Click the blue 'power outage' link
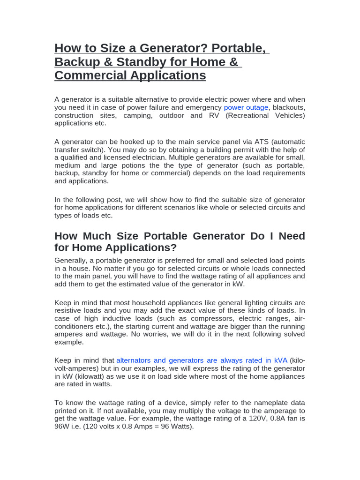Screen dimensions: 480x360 246,107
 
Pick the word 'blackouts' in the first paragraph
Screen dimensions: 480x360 289,107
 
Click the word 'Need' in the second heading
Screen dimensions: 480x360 292,236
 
